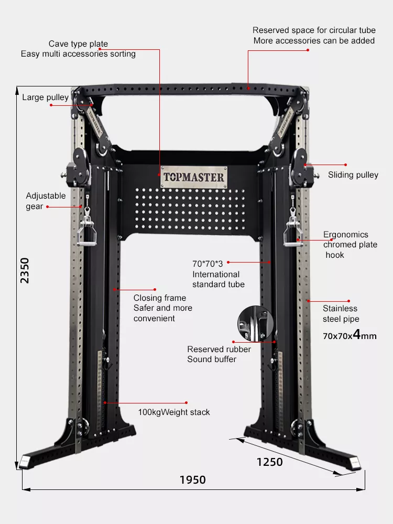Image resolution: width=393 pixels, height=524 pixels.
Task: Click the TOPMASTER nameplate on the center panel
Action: coord(194,177)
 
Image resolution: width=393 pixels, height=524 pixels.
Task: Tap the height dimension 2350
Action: coord(25,270)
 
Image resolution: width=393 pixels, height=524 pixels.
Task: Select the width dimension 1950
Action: coord(193,480)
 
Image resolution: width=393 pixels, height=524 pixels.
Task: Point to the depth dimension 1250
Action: coord(270,462)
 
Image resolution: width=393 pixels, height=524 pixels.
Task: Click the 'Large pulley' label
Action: coord(46,97)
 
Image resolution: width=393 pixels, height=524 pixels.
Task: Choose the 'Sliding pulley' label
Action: coord(353,175)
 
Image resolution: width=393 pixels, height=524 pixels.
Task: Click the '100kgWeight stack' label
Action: coord(174,412)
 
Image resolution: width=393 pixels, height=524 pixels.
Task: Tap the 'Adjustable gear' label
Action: coord(46,201)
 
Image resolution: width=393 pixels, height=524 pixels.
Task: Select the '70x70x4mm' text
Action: coord(350,335)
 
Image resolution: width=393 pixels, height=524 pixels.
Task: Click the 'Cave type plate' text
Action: coord(78,44)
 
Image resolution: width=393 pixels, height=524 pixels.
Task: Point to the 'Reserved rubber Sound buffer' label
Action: coord(219,354)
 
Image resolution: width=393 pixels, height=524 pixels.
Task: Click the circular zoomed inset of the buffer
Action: coord(256,323)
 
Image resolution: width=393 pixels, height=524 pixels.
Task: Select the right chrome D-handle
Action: coord(293,232)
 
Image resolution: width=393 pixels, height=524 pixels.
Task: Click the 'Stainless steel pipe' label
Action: coord(341,313)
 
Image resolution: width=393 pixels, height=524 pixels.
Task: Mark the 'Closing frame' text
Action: coord(160,298)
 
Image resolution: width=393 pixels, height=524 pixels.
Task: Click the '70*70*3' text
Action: coord(208,264)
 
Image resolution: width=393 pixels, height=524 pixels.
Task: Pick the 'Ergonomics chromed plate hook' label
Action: coord(350,245)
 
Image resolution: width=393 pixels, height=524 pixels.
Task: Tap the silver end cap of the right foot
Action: coord(355,463)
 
